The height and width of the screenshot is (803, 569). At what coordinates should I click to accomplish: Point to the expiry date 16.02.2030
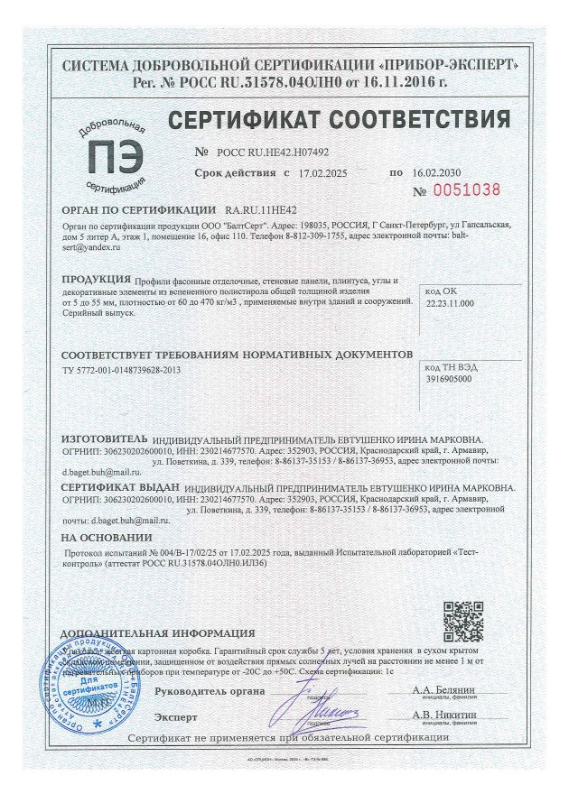pyautogui.click(x=435, y=171)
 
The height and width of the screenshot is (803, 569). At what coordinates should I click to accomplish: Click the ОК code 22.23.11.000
pyautogui.click(x=447, y=305)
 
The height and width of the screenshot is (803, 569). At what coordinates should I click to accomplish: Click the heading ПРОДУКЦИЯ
pyautogui.click(x=95, y=281)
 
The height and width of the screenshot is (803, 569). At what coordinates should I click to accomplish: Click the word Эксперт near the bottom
pyautogui.click(x=176, y=716)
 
